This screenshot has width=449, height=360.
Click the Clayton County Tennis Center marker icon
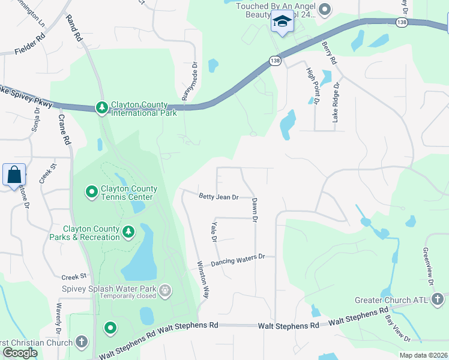[92, 192]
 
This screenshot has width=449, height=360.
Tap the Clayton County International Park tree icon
[102, 107]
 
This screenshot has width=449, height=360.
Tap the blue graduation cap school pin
[282, 22]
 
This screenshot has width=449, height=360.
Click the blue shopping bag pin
[14, 176]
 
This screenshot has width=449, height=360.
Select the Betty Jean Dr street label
[219, 197]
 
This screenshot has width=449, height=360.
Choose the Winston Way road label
[203, 280]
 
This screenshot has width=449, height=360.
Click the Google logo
[20, 353]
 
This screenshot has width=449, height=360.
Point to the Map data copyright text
[423, 355]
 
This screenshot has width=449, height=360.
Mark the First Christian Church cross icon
[81, 342]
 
